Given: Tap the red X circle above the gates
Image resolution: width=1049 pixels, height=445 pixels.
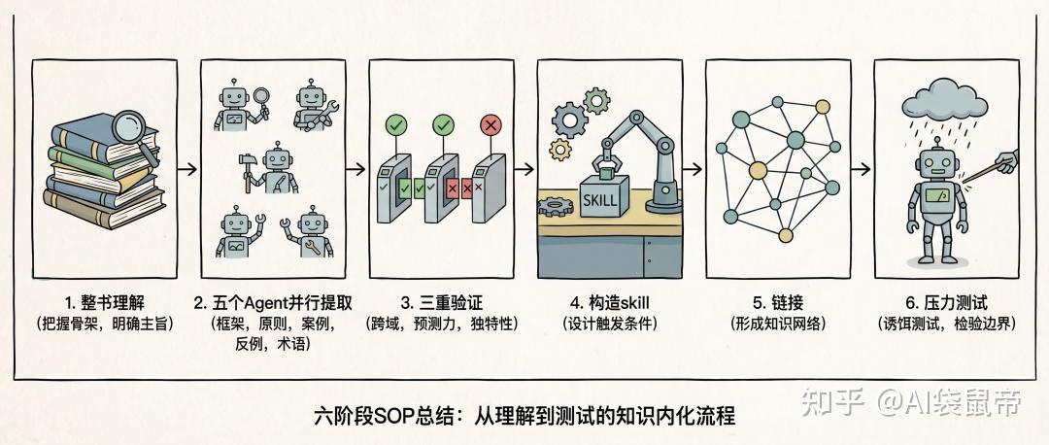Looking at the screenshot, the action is click(491, 125).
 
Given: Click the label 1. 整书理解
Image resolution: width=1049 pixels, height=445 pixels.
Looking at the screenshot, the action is click(105, 303).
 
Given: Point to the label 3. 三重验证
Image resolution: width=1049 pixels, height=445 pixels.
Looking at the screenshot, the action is click(442, 303).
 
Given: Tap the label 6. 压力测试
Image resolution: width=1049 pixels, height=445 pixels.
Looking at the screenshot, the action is click(947, 303).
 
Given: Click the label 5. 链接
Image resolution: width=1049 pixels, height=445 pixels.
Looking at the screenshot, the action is click(778, 303).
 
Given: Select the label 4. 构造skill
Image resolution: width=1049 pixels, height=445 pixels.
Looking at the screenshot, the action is click(609, 303).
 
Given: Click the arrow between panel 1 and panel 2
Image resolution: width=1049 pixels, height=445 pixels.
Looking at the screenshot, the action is click(188, 169).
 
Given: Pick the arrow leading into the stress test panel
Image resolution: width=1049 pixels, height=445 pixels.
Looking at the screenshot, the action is click(863, 169).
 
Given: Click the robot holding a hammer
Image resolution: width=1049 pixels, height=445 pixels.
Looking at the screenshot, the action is click(271, 169).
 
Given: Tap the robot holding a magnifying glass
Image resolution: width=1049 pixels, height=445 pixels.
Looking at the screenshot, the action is click(240, 107).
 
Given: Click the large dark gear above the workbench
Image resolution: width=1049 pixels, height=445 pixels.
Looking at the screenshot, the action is click(570, 120).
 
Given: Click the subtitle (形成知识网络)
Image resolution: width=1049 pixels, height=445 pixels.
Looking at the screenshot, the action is click(778, 325).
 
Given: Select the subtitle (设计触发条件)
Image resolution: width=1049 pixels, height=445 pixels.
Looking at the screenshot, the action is click(609, 325).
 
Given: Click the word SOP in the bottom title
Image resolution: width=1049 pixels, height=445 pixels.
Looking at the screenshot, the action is click(394, 416).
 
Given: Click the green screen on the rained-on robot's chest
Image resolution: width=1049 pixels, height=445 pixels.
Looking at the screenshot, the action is click(936, 196).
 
